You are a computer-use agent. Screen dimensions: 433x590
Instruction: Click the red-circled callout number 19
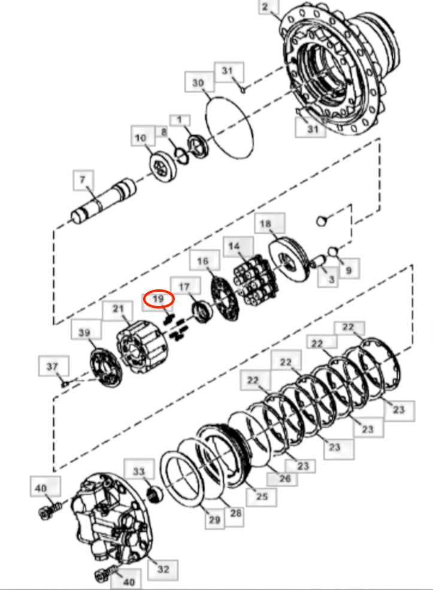point(158,299)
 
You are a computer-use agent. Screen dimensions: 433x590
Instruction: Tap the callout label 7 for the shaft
point(83,180)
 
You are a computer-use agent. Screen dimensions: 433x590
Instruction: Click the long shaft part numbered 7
point(104,201)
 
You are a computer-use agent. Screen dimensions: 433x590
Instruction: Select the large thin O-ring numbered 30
point(229,128)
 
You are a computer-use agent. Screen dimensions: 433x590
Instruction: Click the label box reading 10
point(140,138)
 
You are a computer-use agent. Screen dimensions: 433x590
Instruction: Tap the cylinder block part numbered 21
point(142,347)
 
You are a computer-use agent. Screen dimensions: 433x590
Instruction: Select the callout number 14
point(234,246)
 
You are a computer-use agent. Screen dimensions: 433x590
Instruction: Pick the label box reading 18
point(265,223)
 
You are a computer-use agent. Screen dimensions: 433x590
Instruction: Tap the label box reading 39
point(84,332)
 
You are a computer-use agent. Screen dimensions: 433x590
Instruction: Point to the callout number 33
point(139,471)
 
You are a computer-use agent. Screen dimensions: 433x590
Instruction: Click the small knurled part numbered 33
point(155,494)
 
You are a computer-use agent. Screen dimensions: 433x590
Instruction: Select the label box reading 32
point(163,570)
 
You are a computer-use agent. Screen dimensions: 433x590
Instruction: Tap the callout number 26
point(285,478)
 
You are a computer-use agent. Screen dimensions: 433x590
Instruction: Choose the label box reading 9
point(349,270)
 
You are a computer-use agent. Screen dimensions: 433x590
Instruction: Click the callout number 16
point(203,261)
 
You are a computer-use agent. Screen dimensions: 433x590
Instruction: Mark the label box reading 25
point(262,497)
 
